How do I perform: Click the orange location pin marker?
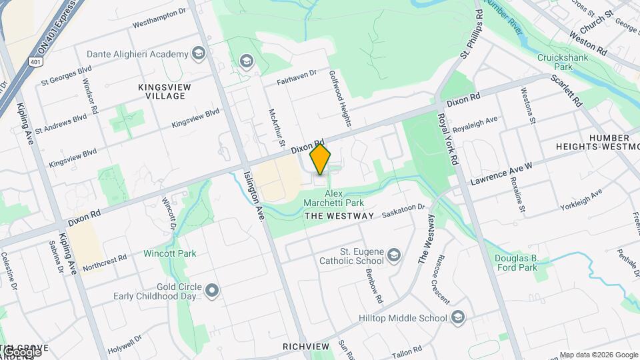tap(321, 159)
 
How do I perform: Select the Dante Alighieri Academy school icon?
tap(198, 53)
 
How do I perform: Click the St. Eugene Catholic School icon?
tap(395, 255)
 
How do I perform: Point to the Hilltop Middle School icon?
tap(457, 317)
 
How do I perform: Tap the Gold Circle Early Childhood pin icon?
tap(212, 290)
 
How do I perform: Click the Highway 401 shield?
tap(35, 62)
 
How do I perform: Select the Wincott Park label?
tap(169, 253)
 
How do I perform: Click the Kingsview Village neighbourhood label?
tap(161, 91)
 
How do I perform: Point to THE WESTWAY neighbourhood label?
tap(339, 216)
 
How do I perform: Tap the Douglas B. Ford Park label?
tap(516, 263)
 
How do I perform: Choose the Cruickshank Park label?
tap(564, 62)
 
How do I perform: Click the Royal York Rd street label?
tap(447, 138)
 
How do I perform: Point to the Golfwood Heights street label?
tap(339, 99)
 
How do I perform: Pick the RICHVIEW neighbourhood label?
tap(306, 347)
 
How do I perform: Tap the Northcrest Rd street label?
tap(104, 262)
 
